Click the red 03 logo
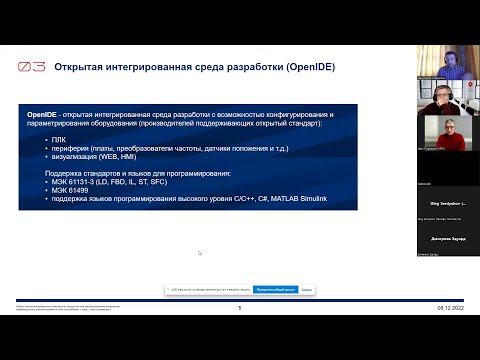point(31,68)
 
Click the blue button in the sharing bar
point(275,289)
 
